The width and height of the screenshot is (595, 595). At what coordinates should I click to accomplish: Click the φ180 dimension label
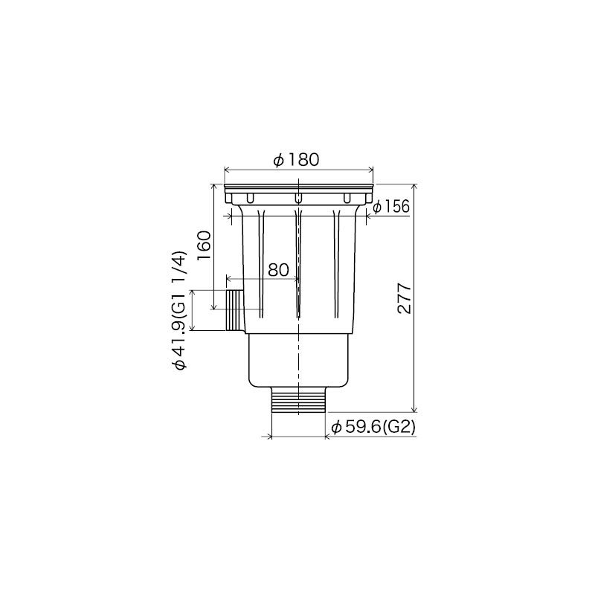coord(296,160)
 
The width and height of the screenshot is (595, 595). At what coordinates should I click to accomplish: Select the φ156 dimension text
coord(391,207)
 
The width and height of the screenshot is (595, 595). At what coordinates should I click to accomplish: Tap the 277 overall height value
coord(403,298)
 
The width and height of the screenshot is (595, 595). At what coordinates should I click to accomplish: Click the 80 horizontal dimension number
coord(277,270)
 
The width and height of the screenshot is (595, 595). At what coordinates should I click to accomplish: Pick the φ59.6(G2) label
coord(372,427)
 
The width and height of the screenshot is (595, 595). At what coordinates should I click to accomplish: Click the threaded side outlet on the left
coord(234,311)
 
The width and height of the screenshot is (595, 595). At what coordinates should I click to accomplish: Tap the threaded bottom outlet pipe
coord(298,401)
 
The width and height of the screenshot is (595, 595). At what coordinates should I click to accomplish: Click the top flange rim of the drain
coord(298,185)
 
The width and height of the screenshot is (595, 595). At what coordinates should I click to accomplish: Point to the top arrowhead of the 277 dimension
coord(414,186)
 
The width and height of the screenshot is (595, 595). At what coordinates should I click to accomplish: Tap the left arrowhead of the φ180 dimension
coord(227,170)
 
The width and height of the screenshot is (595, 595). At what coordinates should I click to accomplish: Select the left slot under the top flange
coord(250,198)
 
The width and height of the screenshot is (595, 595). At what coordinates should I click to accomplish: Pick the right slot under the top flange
coord(346,198)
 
